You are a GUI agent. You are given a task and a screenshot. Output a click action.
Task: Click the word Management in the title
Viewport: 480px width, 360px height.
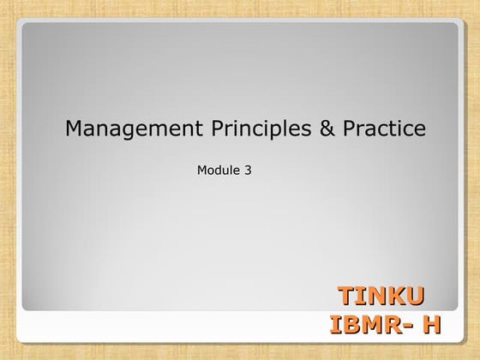pos(117,129)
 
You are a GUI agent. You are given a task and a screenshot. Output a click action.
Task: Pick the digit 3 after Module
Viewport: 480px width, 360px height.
pos(248,170)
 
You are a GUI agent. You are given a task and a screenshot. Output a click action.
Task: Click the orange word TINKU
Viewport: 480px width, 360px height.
pos(381,297)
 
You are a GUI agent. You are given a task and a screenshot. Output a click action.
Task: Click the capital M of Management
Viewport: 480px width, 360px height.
pos(75,129)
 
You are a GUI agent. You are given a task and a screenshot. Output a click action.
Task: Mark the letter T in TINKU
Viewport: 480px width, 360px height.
pos(347,297)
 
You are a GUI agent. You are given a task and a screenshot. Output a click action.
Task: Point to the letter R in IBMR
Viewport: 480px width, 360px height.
pos(394,326)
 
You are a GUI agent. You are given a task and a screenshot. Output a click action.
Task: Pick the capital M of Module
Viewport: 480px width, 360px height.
pos(202,170)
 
